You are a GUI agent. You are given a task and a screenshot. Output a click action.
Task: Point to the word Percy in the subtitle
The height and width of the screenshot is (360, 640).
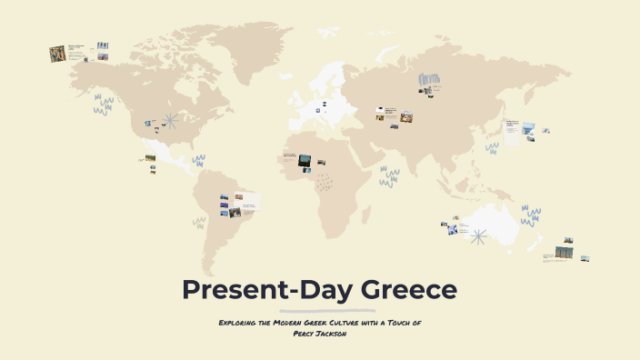[306, 334]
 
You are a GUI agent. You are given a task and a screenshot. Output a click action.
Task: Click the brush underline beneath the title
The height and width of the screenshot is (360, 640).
[320, 310]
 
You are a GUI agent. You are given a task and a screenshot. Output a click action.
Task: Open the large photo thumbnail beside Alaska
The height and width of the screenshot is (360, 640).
[57, 54]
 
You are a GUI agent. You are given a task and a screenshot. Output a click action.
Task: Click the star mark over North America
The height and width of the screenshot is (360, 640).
[168, 120]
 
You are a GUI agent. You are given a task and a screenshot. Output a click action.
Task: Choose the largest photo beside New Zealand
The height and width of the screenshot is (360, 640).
[565, 252]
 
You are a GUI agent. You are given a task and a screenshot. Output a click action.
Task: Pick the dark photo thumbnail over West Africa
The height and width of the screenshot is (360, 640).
[305, 160]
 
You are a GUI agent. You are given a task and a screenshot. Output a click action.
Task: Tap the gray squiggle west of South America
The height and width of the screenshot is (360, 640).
[198, 221]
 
